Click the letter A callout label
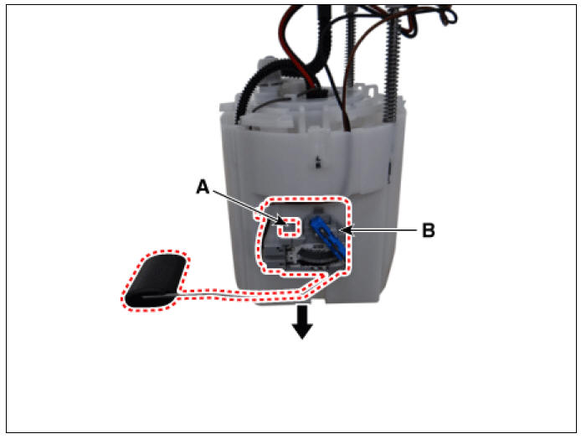click(203, 187)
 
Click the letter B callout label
click(429, 230)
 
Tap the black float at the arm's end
click(156, 281)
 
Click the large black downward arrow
click(303, 322)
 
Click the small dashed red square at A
click(290, 226)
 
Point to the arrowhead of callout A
click(283, 222)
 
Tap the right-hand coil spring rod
click(392, 67)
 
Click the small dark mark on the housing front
click(317, 162)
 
